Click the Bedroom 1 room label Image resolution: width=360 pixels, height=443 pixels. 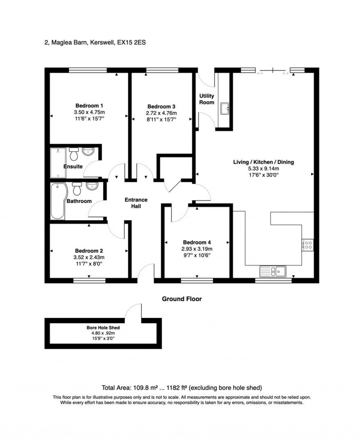(x=89, y=105)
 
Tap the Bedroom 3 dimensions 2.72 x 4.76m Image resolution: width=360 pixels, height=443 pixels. (x=161, y=113)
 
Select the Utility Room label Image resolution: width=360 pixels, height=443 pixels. (x=207, y=99)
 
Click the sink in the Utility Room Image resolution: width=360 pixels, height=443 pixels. (x=225, y=108)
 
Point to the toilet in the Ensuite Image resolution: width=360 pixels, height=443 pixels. (x=74, y=154)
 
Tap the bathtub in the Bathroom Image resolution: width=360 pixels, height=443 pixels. (x=58, y=201)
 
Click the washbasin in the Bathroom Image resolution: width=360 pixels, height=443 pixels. (x=92, y=186)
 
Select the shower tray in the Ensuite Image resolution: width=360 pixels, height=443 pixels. (x=58, y=163)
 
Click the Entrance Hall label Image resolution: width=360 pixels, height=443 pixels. (x=136, y=203)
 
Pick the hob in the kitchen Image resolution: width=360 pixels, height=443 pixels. (x=307, y=245)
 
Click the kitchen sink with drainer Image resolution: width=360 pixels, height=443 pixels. (x=272, y=271)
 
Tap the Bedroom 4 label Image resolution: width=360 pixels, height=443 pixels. (x=197, y=242)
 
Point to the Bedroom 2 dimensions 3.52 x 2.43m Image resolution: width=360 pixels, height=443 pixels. (x=89, y=257)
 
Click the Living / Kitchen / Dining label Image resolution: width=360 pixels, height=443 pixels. (x=263, y=162)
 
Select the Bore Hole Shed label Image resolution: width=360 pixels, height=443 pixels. (x=103, y=327)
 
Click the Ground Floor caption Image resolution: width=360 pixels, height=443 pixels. (x=182, y=299)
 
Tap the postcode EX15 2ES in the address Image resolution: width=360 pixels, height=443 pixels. (x=131, y=43)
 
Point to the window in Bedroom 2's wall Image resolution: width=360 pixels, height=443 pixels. (x=90, y=281)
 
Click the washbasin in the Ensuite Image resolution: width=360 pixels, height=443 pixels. (x=88, y=151)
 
